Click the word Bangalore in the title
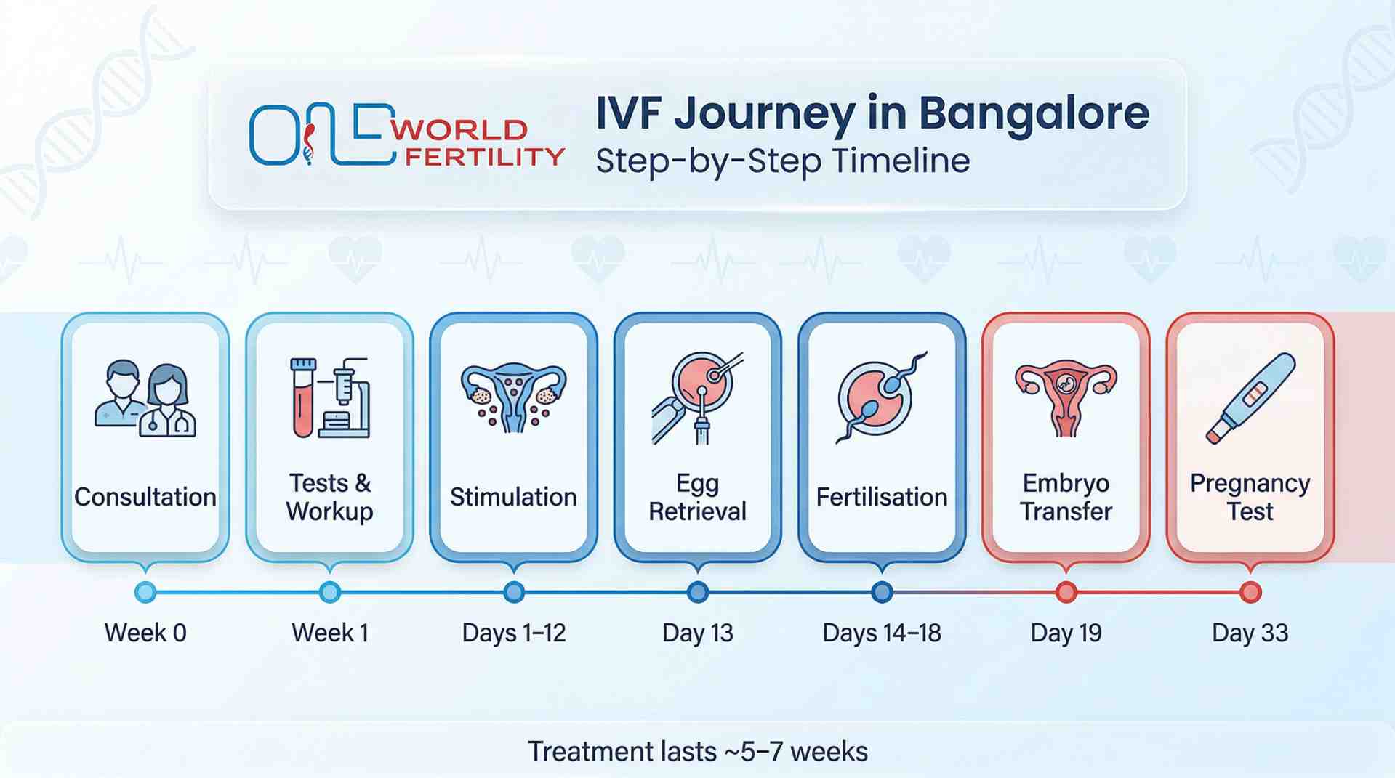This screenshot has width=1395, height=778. click(x=1033, y=113)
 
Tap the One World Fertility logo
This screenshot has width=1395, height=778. click(x=406, y=135)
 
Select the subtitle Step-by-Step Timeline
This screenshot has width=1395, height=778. click(x=782, y=161)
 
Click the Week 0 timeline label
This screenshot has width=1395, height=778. click(x=145, y=633)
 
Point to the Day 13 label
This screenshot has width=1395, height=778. click(x=697, y=633)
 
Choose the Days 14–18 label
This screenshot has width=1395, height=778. click(x=881, y=633)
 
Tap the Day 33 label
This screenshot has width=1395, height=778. click(x=1250, y=633)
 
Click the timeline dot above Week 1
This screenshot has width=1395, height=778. click(x=329, y=592)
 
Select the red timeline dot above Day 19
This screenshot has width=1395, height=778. click(x=1066, y=592)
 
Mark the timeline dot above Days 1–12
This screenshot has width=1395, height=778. click(x=514, y=592)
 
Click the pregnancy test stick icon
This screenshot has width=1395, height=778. click(x=1250, y=398)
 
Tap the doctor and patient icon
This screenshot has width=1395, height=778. click(x=145, y=398)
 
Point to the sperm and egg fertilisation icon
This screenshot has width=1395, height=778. click(x=881, y=397)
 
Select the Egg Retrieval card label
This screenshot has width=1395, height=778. click(x=697, y=497)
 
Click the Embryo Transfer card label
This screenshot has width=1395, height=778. click(x=1066, y=497)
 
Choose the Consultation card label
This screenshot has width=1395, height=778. click(x=145, y=497)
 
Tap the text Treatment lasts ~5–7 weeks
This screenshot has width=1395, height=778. click(x=697, y=751)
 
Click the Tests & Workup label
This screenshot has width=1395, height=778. click(x=329, y=497)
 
